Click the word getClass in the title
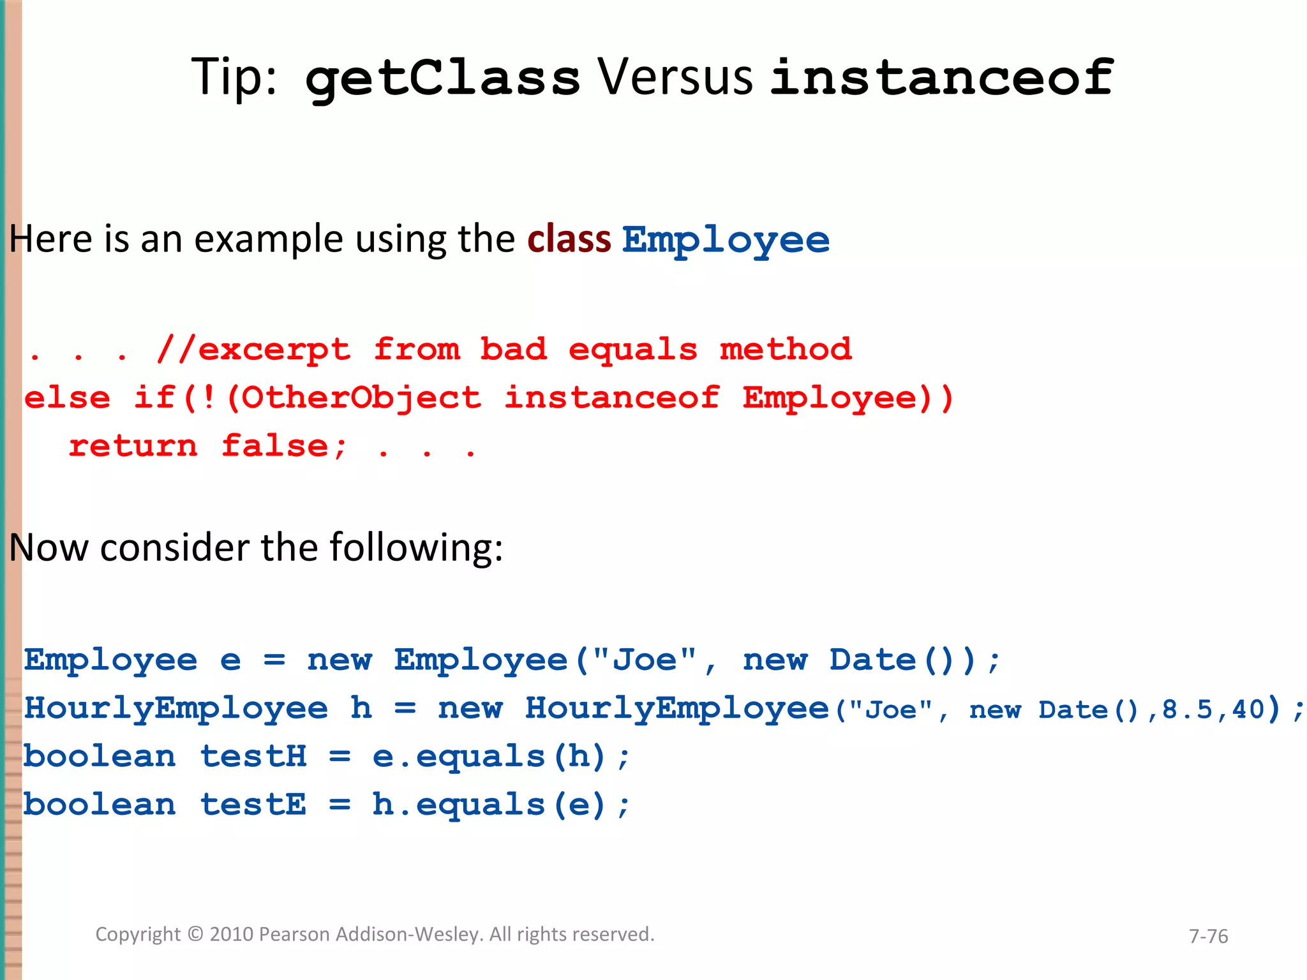click(442, 78)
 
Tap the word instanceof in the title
click(941, 78)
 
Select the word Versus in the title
click(675, 78)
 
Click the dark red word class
click(569, 240)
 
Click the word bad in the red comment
click(513, 350)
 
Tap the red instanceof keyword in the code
click(611, 398)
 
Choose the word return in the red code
click(133, 446)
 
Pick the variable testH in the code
click(253, 757)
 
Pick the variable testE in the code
click(253, 805)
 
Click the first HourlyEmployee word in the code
click(176, 708)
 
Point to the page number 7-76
click(1208, 936)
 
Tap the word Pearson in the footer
click(295, 934)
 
